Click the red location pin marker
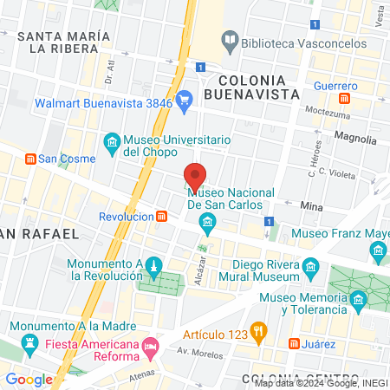196,174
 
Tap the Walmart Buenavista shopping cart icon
184,102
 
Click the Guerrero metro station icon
345,99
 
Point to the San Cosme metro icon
30,159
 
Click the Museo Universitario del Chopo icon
111,141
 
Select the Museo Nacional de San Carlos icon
207,225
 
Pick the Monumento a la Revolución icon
153,264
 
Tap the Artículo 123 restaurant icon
257,330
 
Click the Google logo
29,379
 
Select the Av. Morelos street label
195,351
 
